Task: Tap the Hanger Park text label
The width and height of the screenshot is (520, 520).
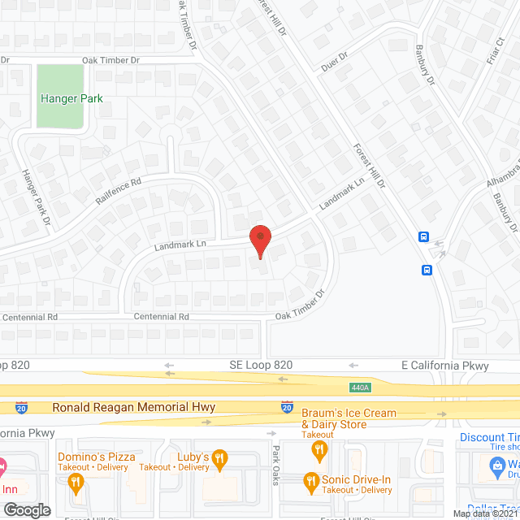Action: pyautogui.click(x=71, y=98)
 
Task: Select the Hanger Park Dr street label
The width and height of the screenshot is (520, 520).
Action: pyautogui.click(x=36, y=197)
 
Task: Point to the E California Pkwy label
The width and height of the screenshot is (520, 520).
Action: pyautogui.click(x=445, y=366)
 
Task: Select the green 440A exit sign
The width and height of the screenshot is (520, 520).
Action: pyautogui.click(x=359, y=387)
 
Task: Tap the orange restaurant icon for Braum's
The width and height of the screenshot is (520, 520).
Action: pyautogui.click(x=320, y=448)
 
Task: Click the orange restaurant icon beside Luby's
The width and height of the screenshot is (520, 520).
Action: pyautogui.click(x=219, y=456)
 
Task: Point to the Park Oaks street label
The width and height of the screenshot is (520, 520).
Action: pyautogui.click(x=275, y=466)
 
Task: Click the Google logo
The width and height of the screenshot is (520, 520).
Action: pyautogui.click(x=26, y=509)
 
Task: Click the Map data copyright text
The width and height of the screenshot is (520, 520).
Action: pyautogui.click(x=484, y=513)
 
